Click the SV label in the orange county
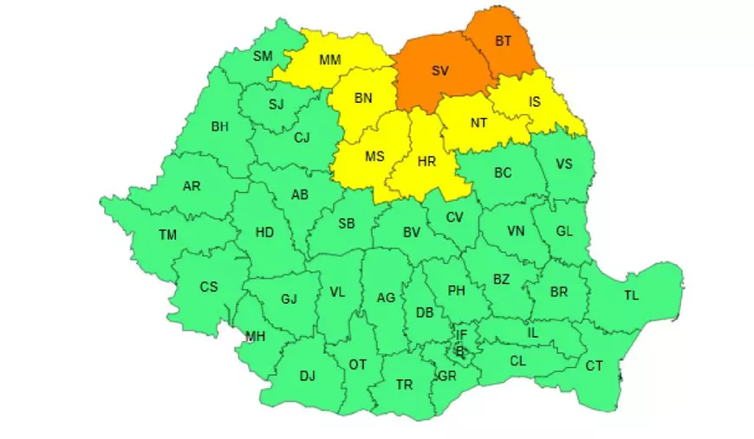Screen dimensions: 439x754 (439, 71)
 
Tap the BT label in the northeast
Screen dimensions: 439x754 (502, 40)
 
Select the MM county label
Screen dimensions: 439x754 (329, 60)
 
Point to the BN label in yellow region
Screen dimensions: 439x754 (362, 98)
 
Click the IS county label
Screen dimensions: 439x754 (534, 102)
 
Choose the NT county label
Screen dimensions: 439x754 (478, 123)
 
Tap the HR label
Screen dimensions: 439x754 (426, 162)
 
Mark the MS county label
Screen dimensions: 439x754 (374, 157)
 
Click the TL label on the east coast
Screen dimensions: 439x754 (631, 296)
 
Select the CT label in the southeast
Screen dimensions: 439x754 (594, 366)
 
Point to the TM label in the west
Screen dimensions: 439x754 (167, 235)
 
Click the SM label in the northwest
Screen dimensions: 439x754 (262, 56)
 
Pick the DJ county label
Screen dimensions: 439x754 (307, 376)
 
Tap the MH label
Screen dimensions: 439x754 (255, 337)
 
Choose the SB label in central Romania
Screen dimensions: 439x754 (346, 223)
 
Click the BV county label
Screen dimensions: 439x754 (411, 232)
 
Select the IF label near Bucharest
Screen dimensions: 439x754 (462, 334)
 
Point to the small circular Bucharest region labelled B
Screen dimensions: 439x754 (460, 351)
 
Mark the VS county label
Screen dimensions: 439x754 (564, 164)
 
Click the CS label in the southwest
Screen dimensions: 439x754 (209, 287)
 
